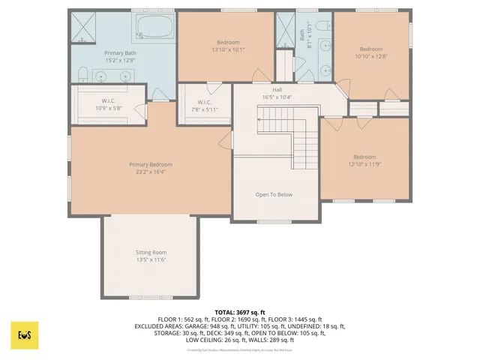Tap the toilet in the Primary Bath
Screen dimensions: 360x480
click(x=82, y=73)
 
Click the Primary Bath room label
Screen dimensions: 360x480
click(x=120, y=53)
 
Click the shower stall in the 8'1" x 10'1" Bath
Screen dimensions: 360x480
click(x=286, y=30)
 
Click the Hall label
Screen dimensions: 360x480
click(x=277, y=89)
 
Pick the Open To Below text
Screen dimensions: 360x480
click(x=274, y=194)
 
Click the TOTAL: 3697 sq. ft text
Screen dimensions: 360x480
click(x=240, y=312)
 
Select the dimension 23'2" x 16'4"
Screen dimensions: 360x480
click(x=151, y=171)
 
